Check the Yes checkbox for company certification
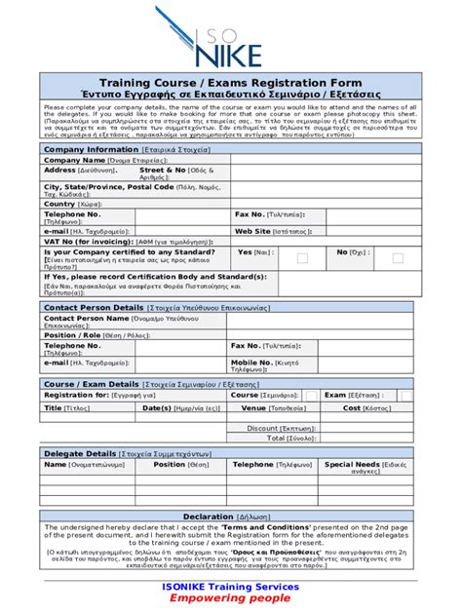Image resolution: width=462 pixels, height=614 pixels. coord(302,258)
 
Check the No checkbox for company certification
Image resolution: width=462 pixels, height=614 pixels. coord(397,258)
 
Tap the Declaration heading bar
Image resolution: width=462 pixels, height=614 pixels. coord(231,517)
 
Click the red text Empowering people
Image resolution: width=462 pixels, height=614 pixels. coord(231,599)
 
